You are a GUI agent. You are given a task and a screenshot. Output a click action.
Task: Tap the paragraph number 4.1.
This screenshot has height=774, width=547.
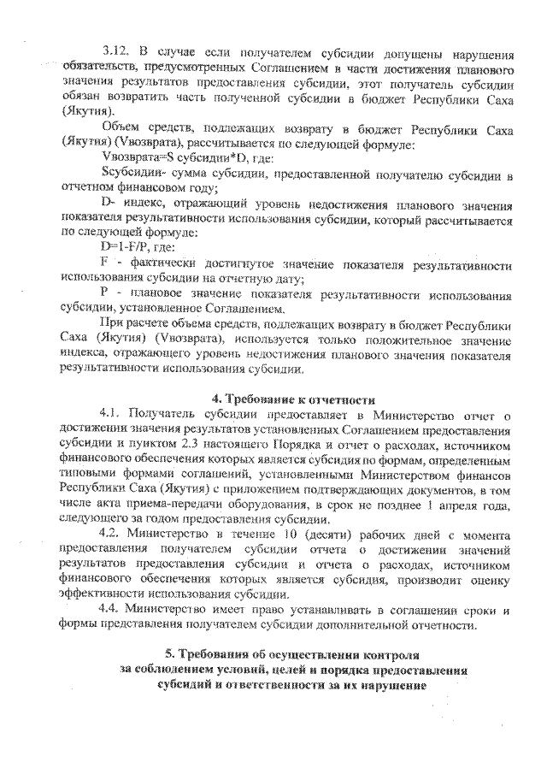click(111, 415)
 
